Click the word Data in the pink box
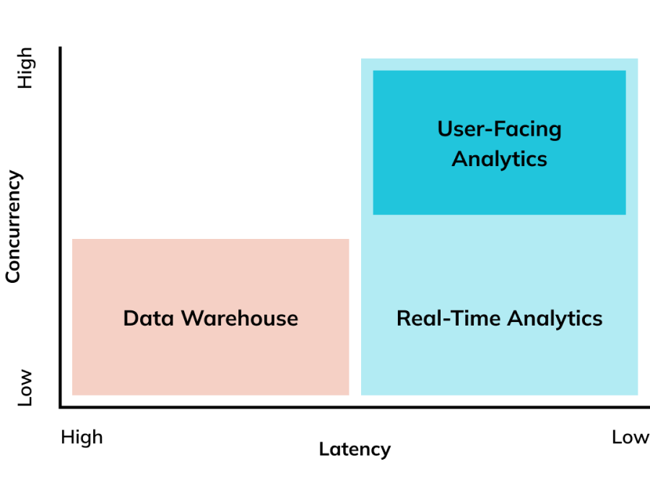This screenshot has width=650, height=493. [x=149, y=318]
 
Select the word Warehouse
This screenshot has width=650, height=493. [x=239, y=318]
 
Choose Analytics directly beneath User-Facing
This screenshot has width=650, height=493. [x=499, y=159]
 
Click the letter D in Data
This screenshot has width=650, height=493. [x=130, y=318]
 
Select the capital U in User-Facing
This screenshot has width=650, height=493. [x=444, y=129]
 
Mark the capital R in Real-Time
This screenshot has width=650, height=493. [x=403, y=318]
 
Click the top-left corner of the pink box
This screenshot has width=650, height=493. [x=73, y=240]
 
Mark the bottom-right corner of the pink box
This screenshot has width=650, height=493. [x=349, y=395]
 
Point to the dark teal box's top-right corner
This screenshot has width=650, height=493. [x=625, y=71]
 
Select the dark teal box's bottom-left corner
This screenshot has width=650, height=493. [x=373, y=214]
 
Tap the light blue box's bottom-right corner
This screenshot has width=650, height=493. [x=638, y=395]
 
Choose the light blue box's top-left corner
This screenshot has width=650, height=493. [x=362, y=59]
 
